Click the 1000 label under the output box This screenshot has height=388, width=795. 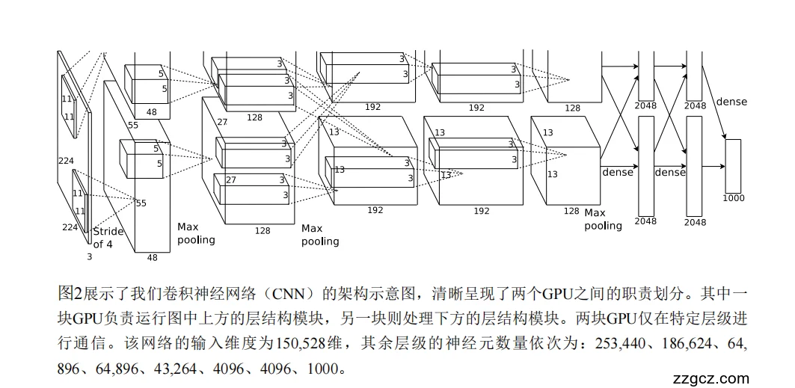click(x=734, y=198)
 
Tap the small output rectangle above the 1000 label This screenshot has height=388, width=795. click(x=733, y=165)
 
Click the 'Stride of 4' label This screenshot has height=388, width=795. click(x=105, y=238)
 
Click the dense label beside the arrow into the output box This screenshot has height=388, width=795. click(x=731, y=102)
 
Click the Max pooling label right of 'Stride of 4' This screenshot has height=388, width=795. click(x=196, y=233)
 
